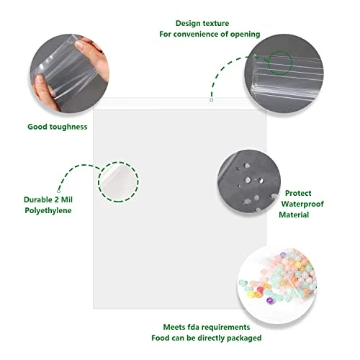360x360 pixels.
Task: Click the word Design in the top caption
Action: click(188, 24)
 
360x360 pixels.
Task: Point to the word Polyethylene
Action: click(48, 211)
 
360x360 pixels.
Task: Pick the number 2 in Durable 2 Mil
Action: click(57, 199)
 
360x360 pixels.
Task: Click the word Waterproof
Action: click(302, 204)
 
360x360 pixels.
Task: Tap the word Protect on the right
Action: click(298, 193)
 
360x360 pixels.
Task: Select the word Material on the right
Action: click(294, 215)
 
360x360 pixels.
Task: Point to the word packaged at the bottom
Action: click(244, 338)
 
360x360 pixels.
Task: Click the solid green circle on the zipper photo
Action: click(280, 63)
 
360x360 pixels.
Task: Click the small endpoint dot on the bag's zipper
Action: click(211, 100)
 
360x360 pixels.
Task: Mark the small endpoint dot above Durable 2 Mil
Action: click(58, 191)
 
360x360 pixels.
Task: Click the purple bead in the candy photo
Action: click(270, 300)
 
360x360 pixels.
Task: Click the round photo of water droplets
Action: click(249, 181)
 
